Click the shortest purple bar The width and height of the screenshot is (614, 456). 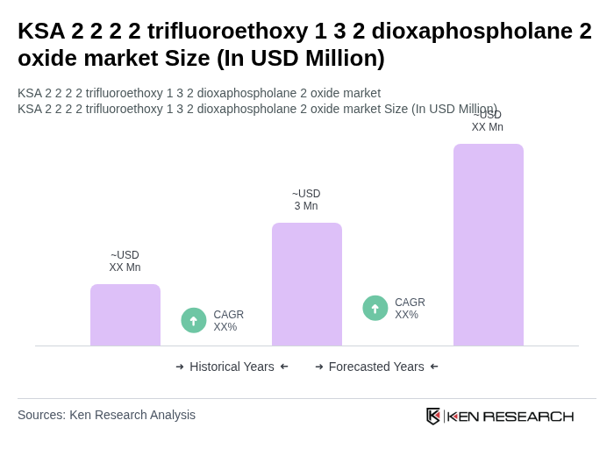coord(125,315)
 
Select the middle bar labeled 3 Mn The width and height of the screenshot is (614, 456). coord(307,284)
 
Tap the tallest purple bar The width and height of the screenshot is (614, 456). coord(489,245)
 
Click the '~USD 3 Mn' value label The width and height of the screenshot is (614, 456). coord(306,200)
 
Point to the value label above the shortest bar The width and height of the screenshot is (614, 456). coord(125,261)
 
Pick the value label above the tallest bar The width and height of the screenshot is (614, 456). coord(488,121)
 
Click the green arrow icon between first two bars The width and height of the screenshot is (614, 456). coord(194,320)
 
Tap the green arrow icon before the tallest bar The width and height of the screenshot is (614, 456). coord(375,308)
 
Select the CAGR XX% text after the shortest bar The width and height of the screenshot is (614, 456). coord(228,321)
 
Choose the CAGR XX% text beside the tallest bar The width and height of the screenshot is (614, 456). coord(410,309)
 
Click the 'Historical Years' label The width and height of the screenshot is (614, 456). coord(232,367)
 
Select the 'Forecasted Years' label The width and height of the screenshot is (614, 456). coord(376,367)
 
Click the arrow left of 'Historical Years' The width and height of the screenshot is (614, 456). coord(180,367)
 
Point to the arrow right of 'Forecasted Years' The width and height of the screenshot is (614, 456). coord(434,367)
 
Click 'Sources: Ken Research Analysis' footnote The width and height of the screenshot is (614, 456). coord(106,415)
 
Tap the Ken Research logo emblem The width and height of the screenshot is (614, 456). coord(433,416)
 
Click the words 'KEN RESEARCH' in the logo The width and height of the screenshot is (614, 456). coord(510,416)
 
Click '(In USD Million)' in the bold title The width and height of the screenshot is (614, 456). coord(301,58)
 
